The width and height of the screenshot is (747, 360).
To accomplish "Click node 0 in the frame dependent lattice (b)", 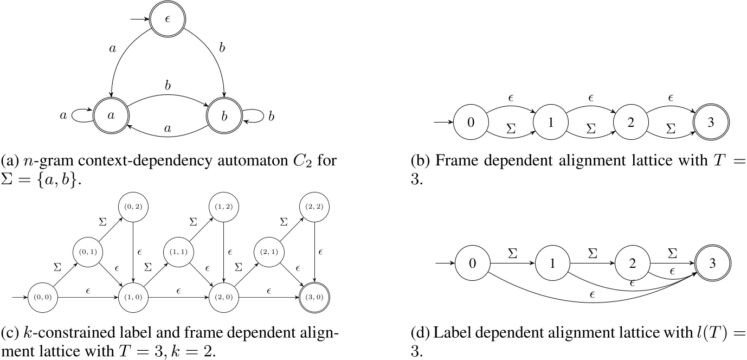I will (x=471, y=122).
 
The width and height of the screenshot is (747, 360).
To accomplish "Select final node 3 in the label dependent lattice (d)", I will (x=711, y=265).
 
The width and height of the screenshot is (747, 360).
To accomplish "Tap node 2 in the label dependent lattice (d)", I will (x=631, y=265).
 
